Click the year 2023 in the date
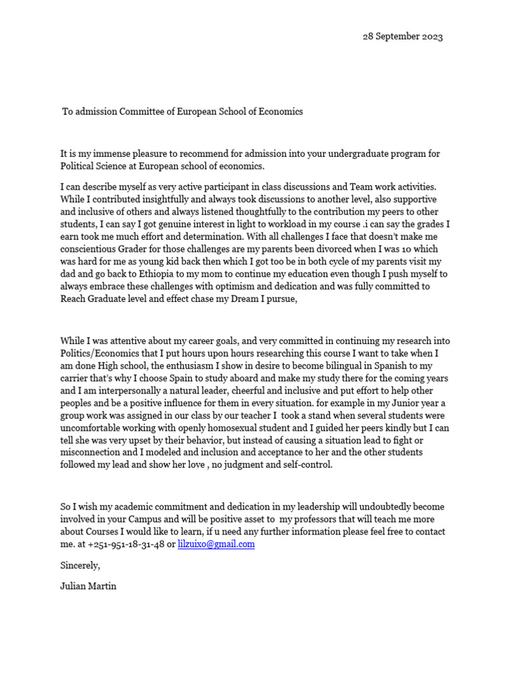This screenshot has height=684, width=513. [x=431, y=37]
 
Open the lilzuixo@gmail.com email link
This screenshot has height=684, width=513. [x=216, y=544]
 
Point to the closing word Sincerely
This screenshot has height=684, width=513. [x=80, y=565]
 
